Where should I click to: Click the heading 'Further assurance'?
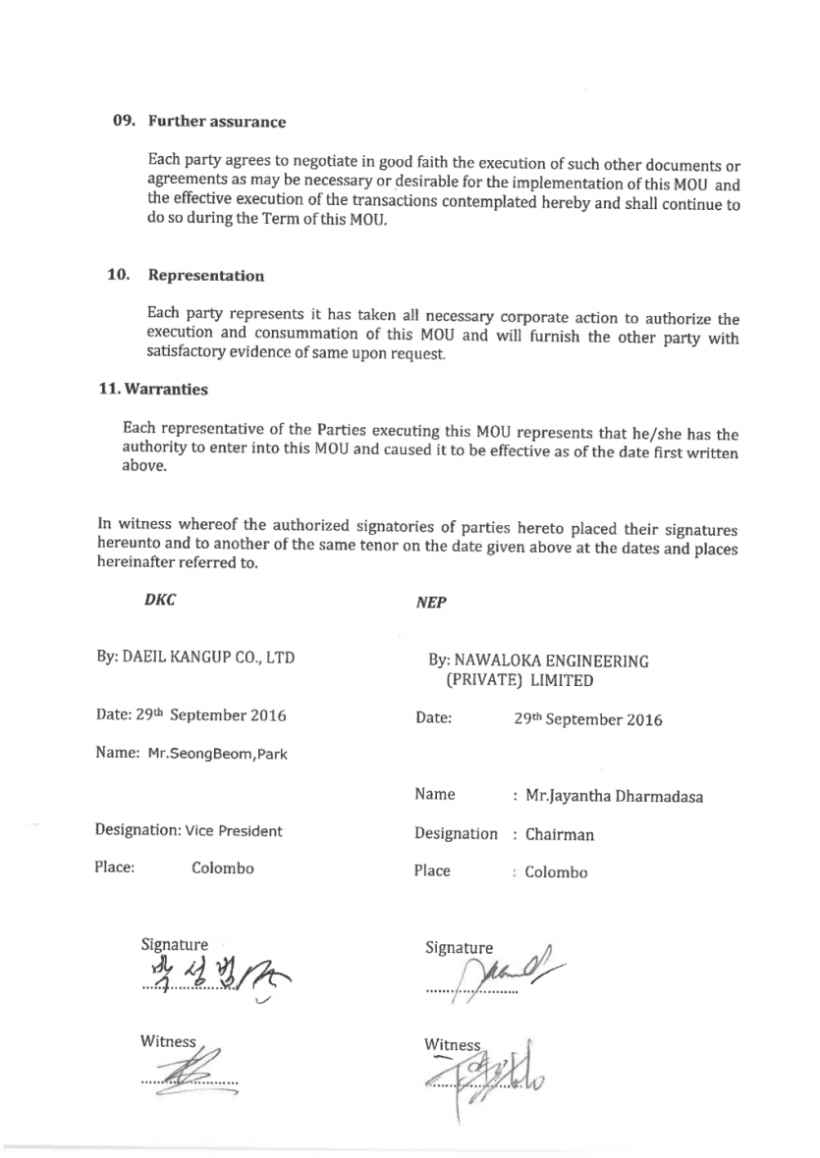[x=217, y=122]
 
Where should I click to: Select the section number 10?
[x=119, y=275]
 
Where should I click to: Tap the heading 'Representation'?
[x=206, y=276]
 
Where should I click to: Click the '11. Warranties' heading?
[x=152, y=389]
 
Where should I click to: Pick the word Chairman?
[x=560, y=836]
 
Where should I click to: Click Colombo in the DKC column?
[x=222, y=868]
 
